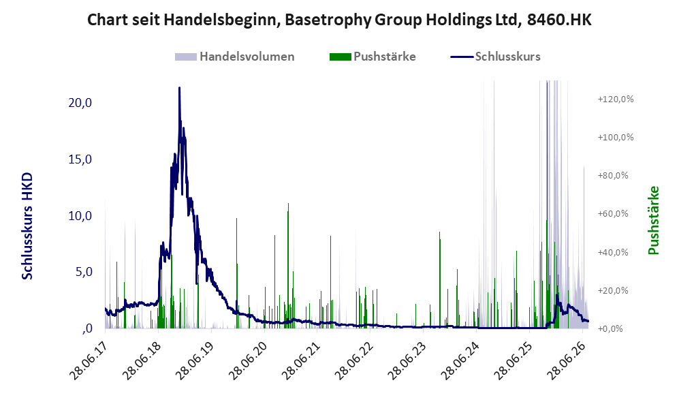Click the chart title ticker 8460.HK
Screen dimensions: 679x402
559,20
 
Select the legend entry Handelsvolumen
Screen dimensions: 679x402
247,57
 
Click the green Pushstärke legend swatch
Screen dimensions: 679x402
340,57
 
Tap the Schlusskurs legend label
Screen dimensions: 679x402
507,57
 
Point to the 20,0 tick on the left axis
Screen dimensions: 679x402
80,103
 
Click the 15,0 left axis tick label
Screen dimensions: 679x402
80,159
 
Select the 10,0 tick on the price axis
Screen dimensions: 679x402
80,216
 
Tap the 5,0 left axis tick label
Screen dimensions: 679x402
84,272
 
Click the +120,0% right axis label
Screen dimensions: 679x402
616,99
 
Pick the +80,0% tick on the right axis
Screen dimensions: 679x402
613,175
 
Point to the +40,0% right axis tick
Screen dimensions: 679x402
613,252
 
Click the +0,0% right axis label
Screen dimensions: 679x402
610,329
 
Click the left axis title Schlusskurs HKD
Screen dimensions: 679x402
27,226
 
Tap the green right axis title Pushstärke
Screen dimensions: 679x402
653,220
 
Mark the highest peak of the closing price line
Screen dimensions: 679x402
179,88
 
